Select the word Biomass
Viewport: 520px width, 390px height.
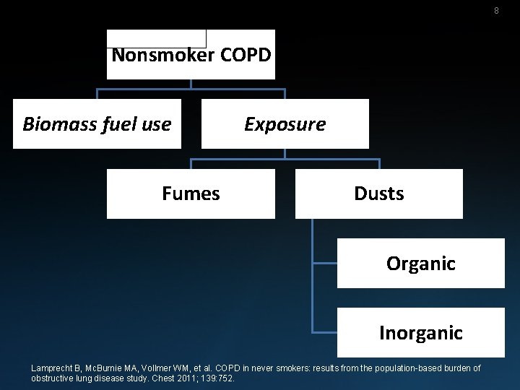(54, 124)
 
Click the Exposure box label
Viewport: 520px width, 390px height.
(285, 124)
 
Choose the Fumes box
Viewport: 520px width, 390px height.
(191, 194)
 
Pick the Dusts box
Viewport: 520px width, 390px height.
(378, 194)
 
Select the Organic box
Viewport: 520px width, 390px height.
(420, 264)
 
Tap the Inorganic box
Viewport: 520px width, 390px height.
(420, 333)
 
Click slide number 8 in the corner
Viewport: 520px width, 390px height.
(496, 11)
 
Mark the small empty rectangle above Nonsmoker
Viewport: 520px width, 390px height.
(156, 38)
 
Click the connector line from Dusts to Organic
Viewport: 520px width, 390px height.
(313, 246)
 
